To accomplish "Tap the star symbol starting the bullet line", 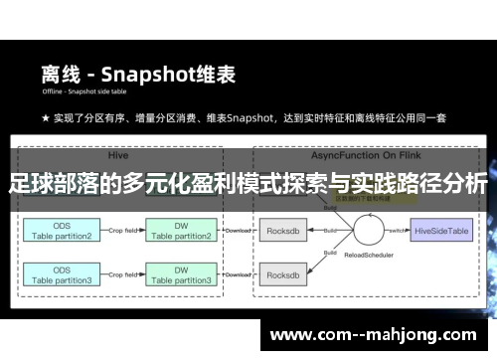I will pos(45,118).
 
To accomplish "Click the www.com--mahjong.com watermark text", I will pos(374,334).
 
